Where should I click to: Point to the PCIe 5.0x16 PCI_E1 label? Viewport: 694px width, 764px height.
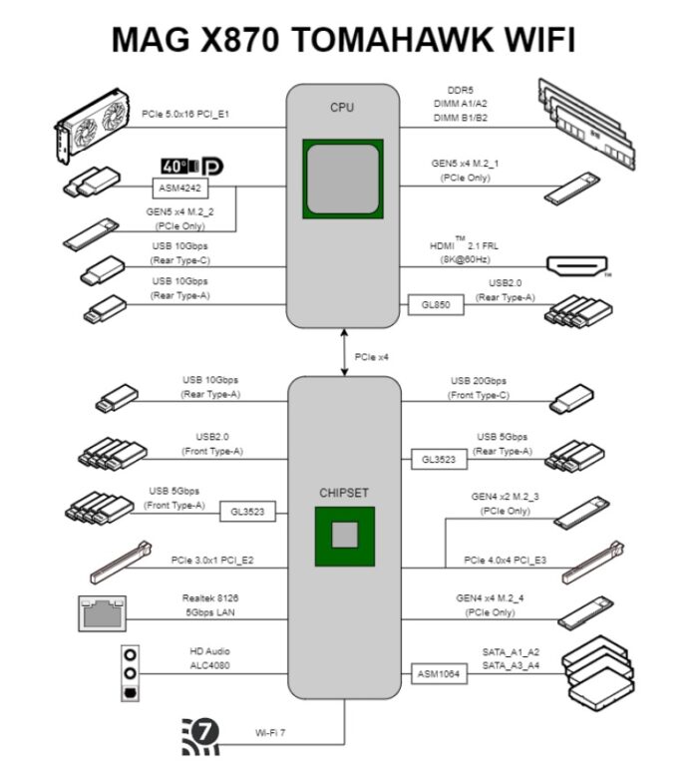click(185, 114)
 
